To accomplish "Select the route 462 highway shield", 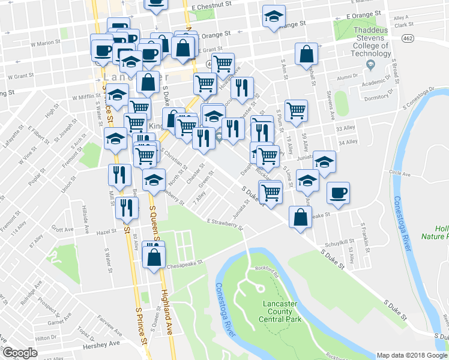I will click(x=408, y=39).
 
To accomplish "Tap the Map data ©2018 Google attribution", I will click(x=412, y=355).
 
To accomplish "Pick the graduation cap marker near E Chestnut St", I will click(x=274, y=17).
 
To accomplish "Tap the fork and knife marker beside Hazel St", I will click(x=127, y=208).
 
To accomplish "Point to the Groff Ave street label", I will click(x=62, y=229).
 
